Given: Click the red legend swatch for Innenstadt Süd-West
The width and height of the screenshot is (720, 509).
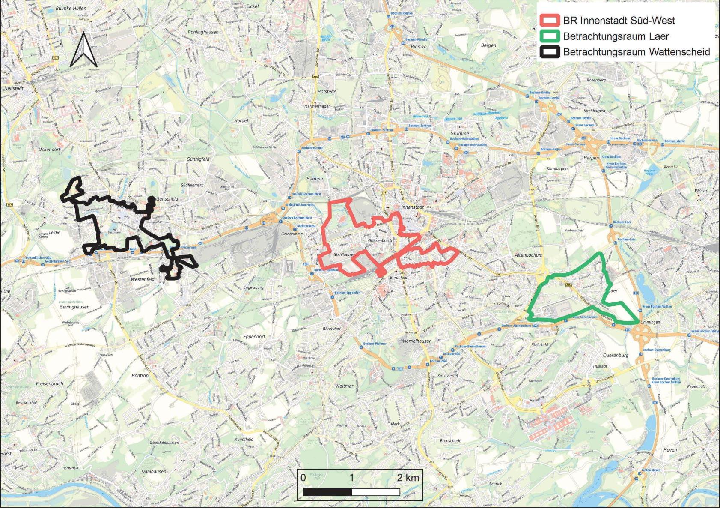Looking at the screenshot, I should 550,20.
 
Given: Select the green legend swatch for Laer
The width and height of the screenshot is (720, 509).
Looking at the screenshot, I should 550,36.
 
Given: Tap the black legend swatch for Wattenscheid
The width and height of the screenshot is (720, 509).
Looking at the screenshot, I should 550,52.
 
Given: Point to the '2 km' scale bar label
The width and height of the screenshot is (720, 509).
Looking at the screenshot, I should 408,478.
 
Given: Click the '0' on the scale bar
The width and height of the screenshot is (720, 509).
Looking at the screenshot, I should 303,478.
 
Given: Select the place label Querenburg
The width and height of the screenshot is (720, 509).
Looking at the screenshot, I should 616,355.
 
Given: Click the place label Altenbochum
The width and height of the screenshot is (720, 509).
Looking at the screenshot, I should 528,255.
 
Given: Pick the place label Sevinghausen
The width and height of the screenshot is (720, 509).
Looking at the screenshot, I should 74,307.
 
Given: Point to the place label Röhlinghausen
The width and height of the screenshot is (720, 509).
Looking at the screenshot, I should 203,32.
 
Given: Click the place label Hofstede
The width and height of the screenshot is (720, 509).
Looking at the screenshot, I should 327,92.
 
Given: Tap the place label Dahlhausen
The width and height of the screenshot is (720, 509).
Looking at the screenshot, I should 154,471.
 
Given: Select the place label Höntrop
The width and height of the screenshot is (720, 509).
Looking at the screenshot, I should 140,376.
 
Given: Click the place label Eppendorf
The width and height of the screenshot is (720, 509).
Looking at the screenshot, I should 254,336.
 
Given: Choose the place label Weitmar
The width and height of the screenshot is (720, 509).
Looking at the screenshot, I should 344,386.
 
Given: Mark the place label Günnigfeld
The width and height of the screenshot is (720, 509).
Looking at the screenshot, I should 198,159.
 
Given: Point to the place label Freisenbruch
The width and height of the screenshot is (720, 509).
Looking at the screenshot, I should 50,383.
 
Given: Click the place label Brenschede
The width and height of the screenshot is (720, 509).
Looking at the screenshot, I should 450,441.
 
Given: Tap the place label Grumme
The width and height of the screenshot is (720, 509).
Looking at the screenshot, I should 459,134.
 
